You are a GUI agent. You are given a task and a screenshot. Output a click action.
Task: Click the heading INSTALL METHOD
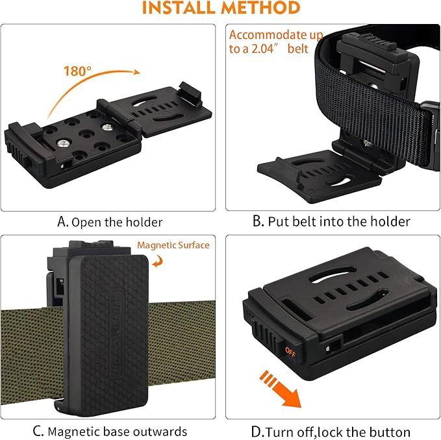(x=220, y=8)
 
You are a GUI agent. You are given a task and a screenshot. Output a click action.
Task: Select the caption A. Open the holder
(x=110, y=222)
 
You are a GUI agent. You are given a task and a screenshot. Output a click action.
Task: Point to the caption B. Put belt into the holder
(x=331, y=222)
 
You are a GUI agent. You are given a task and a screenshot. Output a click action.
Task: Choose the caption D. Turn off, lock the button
(x=331, y=432)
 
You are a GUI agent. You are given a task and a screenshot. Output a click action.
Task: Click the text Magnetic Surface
(x=173, y=245)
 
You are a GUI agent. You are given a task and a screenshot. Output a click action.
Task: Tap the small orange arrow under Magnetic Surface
(x=158, y=261)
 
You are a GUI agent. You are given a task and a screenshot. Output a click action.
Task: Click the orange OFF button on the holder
(x=290, y=351)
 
